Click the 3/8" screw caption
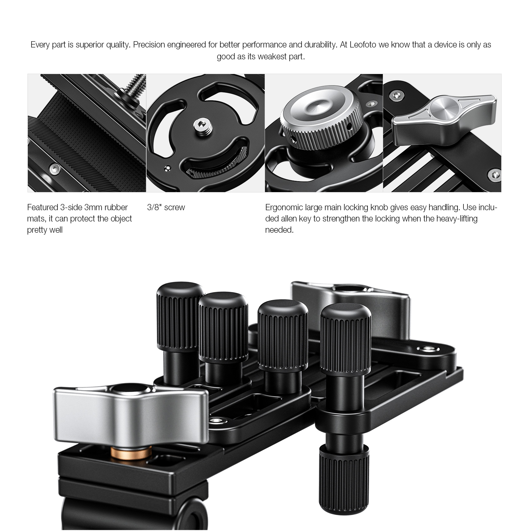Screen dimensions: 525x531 click(166, 207)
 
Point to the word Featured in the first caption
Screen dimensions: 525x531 click(42, 207)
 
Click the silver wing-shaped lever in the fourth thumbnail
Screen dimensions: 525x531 click(444, 120)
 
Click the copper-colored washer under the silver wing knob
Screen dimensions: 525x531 click(131, 452)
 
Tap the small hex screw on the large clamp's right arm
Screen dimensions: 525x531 click(425, 349)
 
